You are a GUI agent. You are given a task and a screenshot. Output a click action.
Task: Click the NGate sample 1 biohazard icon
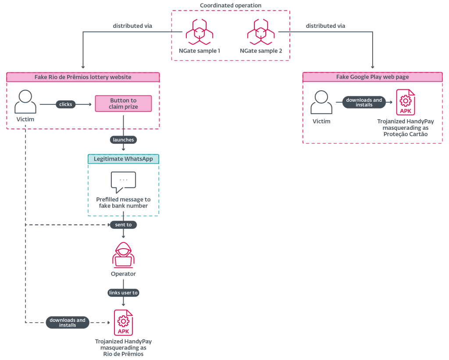pyautogui.click(x=199, y=32)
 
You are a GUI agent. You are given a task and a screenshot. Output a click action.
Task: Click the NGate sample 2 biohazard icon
pyautogui.click(x=260, y=32)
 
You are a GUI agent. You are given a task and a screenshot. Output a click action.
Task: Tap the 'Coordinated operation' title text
pyautogui.click(x=231, y=5)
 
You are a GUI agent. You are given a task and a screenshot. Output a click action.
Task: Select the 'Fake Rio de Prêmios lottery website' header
pyautogui.click(x=83, y=77)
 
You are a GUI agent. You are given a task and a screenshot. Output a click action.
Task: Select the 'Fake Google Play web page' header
pyautogui.click(x=372, y=77)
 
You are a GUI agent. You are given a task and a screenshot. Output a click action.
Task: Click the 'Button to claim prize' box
pyautogui.click(x=123, y=103)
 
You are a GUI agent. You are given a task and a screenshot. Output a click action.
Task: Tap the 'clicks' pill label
pyautogui.click(x=66, y=104)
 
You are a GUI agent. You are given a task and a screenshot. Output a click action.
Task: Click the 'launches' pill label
pyautogui.click(x=123, y=140)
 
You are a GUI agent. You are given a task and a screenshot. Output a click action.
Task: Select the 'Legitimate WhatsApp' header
pyautogui.click(x=123, y=159)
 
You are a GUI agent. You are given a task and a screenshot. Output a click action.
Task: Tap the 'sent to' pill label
pyautogui.click(x=123, y=225)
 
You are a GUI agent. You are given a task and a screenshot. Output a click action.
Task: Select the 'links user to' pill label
pyautogui.click(x=123, y=292)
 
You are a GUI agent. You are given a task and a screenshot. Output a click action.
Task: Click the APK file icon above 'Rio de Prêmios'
pyautogui.click(x=123, y=322)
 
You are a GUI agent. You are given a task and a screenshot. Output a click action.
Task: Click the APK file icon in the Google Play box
pyautogui.click(x=405, y=102)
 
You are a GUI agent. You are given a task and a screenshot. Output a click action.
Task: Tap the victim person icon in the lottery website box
pyautogui.click(x=25, y=102)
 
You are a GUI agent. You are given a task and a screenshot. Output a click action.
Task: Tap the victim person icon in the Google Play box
pyautogui.click(x=321, y=102)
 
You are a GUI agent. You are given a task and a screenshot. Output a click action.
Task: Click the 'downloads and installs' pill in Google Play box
pyautogui.click(x=364, y=102)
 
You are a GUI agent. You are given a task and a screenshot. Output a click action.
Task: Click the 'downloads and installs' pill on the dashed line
pyautogui.click(x=68, y=322)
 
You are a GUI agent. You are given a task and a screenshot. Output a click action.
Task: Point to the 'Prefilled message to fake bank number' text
pyautogui.click(x=123, y=203)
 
